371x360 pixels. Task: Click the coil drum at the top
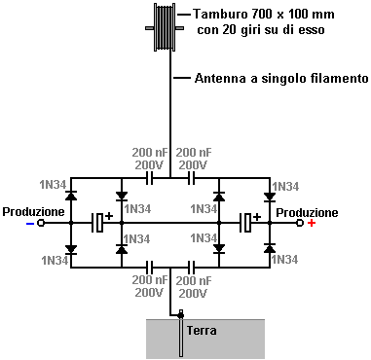point(165,27)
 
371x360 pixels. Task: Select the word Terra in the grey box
point(202,331)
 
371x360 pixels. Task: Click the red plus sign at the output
point(312,223)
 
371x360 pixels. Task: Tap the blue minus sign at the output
point(30,223)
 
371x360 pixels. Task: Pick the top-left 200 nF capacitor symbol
point(149,178)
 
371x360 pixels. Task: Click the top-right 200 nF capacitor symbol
point(192,178)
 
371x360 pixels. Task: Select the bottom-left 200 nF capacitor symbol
point(149,268)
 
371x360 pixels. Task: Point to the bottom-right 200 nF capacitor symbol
point(192,268)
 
